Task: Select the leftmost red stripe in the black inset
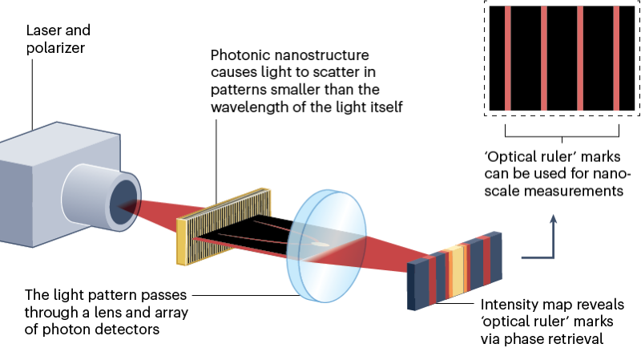pyautogui.click(x=507, y=58)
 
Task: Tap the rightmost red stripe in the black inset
pyautogui.click(x=615, y=58)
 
